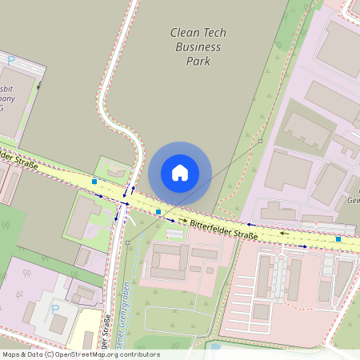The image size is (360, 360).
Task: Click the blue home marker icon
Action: (x=180, y=173)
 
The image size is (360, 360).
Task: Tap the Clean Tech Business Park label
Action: (x=198, y=46)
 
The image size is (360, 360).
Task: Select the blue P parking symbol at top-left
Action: (x=11, y=60)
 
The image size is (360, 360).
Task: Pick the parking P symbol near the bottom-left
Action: (x=55, y=309)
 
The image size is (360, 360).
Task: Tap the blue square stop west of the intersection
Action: (x=94, y=182)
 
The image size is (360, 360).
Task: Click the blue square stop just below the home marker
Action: (x=159, y=212)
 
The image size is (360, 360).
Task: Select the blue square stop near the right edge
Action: (x=338, y=238)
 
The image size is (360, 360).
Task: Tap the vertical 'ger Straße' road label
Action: (x=106, y=328)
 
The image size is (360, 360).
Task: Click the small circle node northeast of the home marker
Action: (x=261, y=141)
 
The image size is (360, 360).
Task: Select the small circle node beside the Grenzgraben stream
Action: (x=127, y=240)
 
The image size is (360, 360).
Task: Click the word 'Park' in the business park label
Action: (x=198, y=61)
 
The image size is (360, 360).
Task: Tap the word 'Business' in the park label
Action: (x=198, y=46)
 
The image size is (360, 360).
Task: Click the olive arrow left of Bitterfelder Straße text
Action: (x=182, y=220)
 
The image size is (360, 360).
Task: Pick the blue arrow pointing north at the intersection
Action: (x=133, y=191)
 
